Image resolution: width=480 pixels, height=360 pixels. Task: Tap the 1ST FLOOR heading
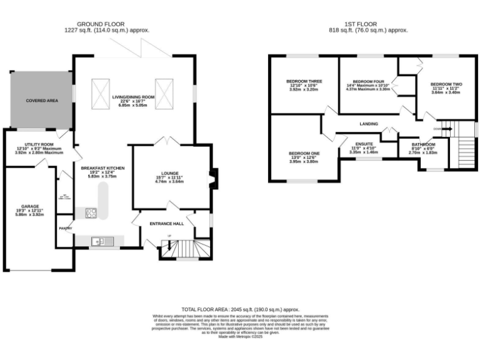click(368, 23)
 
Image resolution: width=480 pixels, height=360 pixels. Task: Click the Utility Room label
click(36, 144)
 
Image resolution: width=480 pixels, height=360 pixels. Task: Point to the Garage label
click(30, 206)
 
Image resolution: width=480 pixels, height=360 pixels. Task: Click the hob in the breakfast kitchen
click(90, 212)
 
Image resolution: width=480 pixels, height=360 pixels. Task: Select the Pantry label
click(66, 228)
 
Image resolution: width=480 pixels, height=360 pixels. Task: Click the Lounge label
click(169, 173)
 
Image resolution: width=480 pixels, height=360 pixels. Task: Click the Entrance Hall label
click(166, 224)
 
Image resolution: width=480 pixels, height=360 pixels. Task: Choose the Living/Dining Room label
click(133, 97)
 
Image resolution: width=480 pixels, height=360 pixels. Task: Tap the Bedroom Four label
click(367, 81)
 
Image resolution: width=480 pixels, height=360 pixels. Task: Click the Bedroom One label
click(304, 153)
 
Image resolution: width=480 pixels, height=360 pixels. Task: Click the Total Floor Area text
click(240, 309)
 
